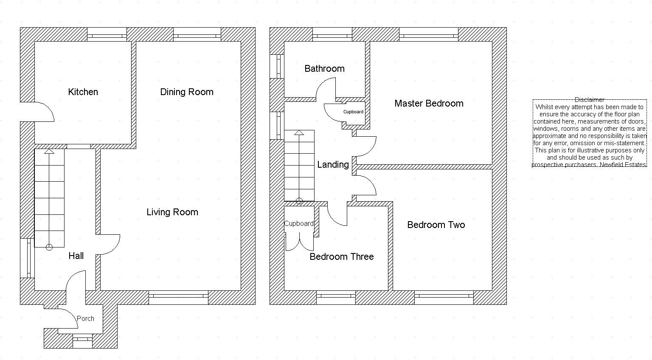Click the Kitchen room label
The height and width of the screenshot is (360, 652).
click(x=83, y=92)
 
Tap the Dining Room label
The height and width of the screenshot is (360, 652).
click(x=187, y=92)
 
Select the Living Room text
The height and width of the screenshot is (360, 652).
click(x=172, y=212)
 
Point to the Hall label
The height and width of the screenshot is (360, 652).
click(x=76, y=256)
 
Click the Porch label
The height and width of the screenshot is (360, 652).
click(x=85, y=318)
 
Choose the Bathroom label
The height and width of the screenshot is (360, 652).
click(x=324, y=69)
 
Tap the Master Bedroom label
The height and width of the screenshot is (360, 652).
click(x=429, y=104)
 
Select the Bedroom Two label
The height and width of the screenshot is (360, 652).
click(x=436, y=225)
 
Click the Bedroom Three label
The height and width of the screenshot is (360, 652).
click(x=342, y=257)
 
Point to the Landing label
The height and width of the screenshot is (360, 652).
click(x=333, y=165)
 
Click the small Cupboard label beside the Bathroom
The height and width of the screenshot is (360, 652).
click(x=353, y=112)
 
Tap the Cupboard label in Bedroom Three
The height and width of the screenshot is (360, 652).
click(x=299, y=224)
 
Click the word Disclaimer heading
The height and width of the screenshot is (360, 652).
click(x=589, y=100)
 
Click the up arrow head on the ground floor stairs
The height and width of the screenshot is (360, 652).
click(x=49, y=152)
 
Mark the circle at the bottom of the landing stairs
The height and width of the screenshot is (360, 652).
click(x=299, y=201)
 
